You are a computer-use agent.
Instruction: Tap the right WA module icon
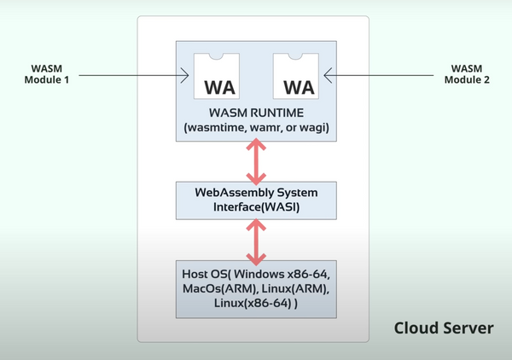(x=298, y=76)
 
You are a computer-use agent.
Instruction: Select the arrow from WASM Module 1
(x=128, y=78)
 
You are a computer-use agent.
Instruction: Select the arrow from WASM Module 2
(x=384, y=78)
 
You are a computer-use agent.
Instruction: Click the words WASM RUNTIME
(x=257, y=112)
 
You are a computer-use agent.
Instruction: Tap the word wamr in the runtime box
(x=269, y=127)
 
